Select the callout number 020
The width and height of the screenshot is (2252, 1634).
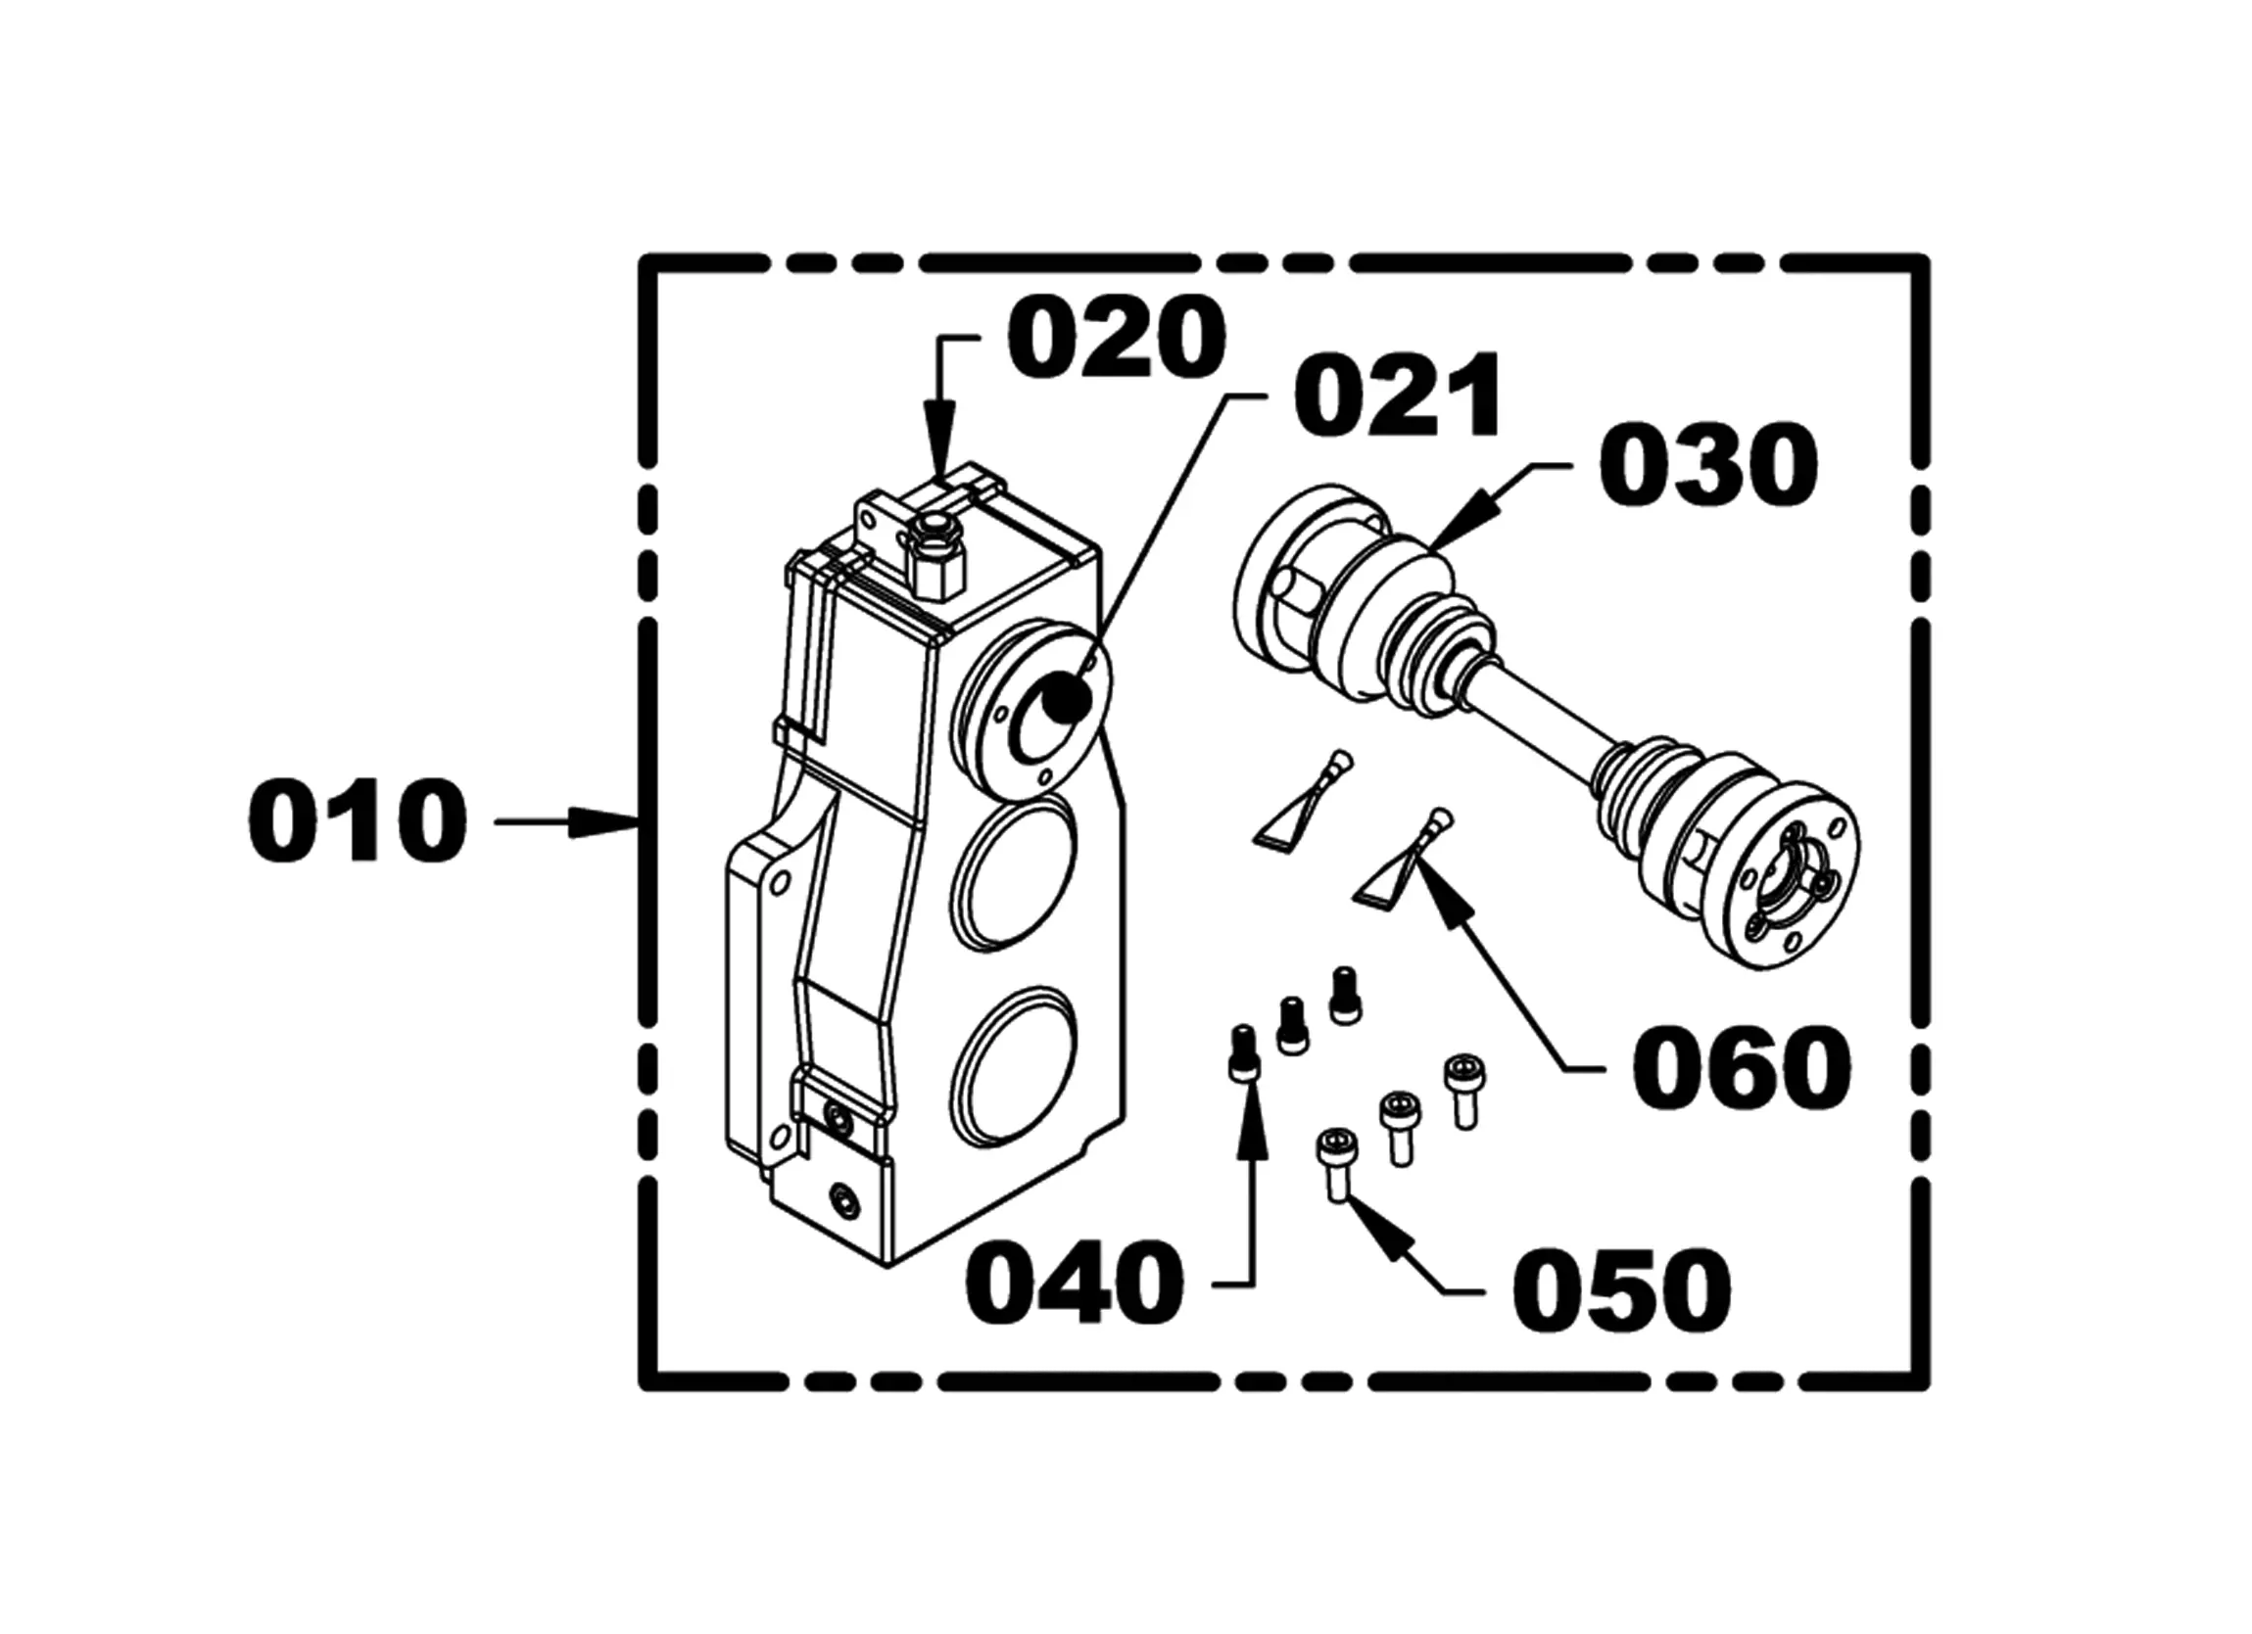[x=1117, y=339]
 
